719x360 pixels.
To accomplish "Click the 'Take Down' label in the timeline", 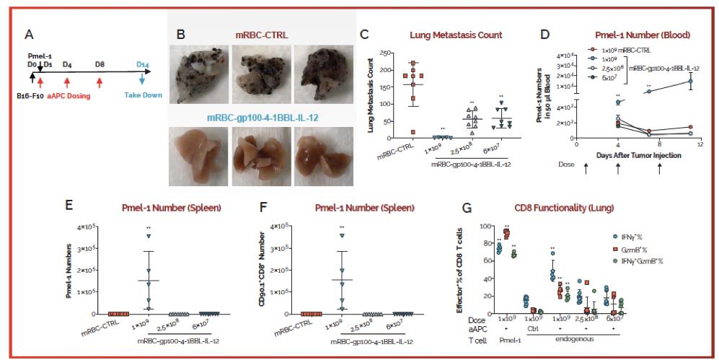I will (x=142, y=95).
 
